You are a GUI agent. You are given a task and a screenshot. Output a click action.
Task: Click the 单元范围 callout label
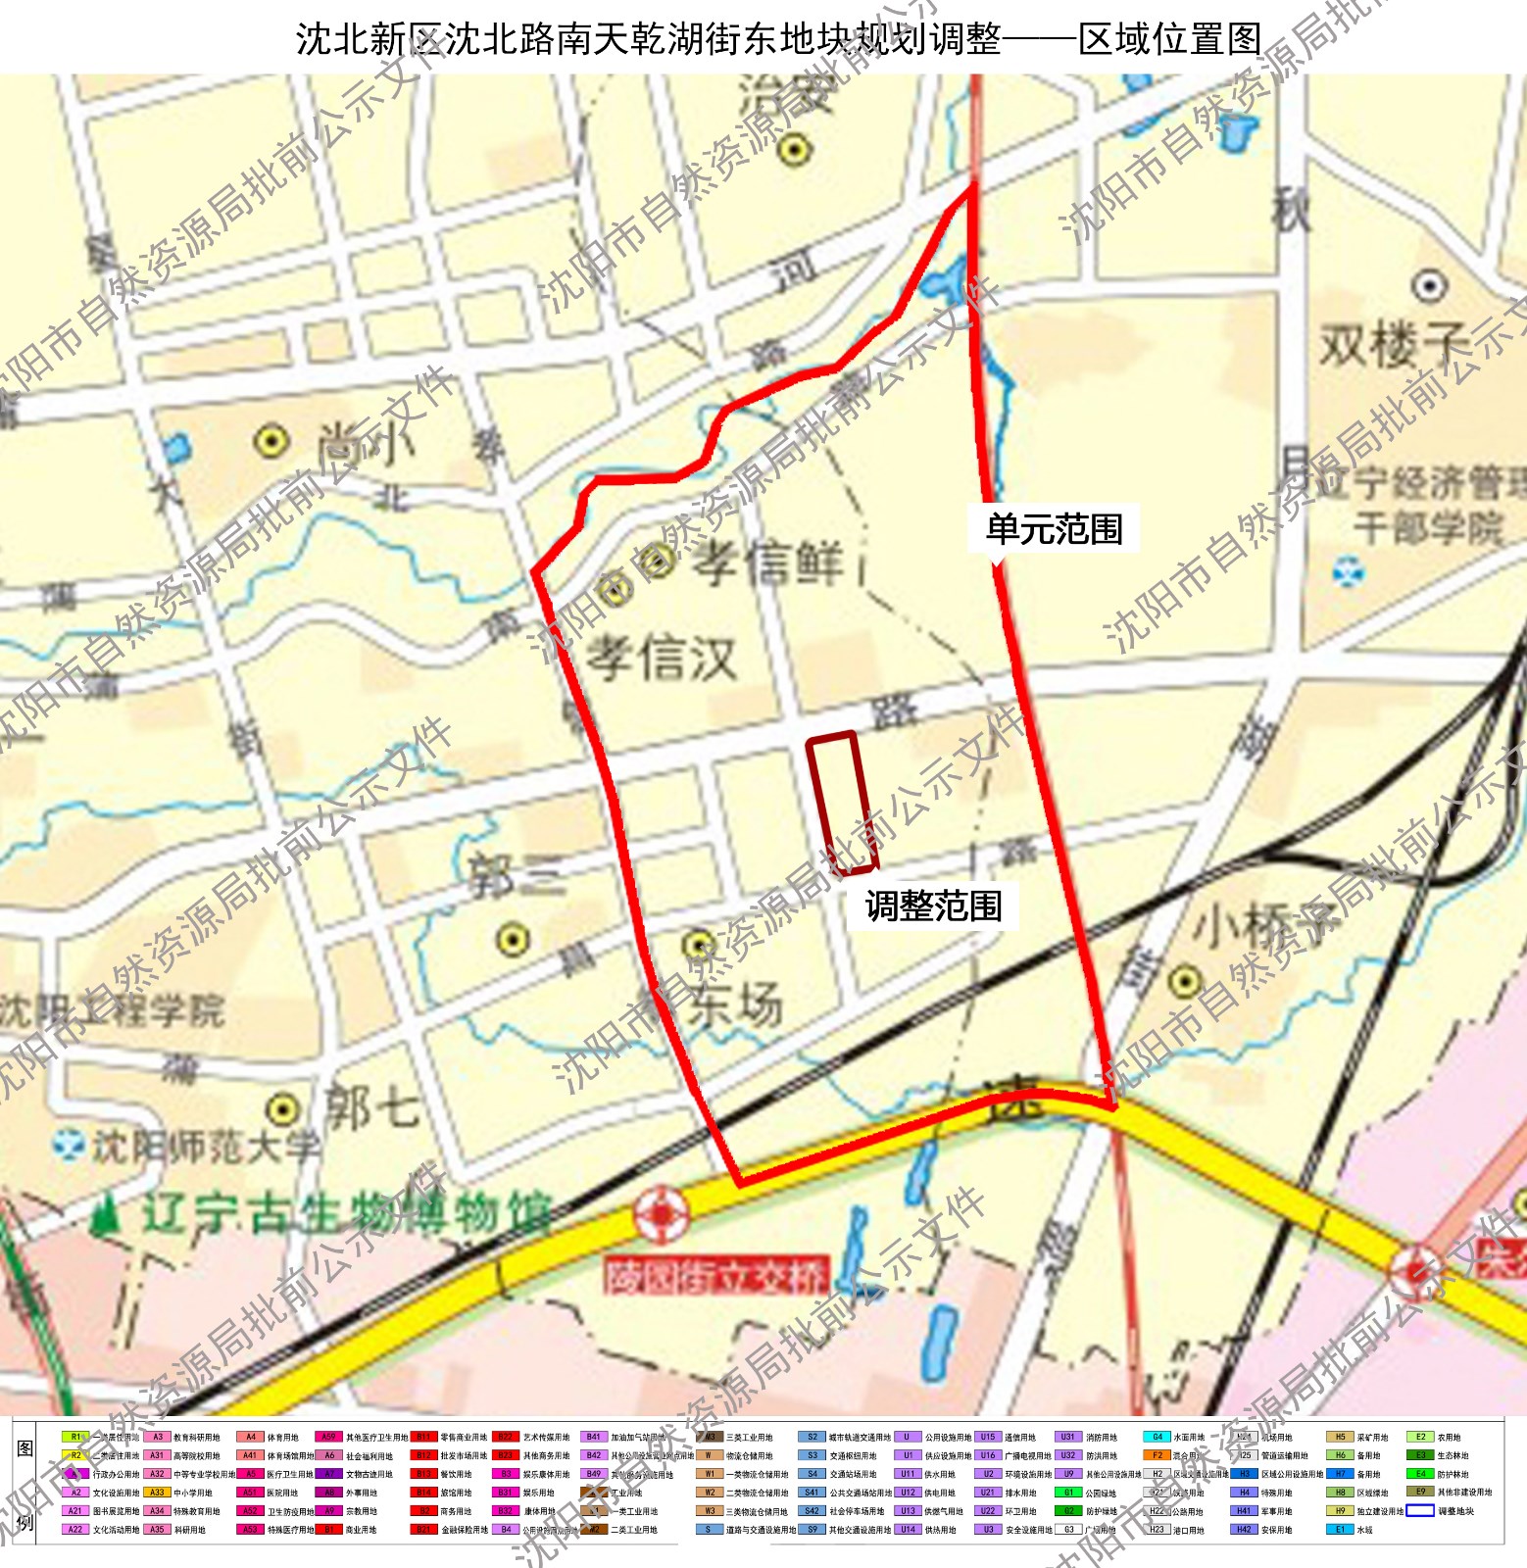tap(1054, 529)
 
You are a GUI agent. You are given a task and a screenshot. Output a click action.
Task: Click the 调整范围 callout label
tap(933, 906)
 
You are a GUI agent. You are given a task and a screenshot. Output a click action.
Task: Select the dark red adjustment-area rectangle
tap(841, 802)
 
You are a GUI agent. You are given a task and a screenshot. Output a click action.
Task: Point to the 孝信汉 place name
tap(663, 657)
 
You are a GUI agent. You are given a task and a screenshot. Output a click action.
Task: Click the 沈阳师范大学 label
tap(205, 1147)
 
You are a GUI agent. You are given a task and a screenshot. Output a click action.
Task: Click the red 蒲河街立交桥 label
tap(716, 1276)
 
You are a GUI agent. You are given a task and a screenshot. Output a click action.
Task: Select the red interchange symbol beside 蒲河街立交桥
tap(662, 1214)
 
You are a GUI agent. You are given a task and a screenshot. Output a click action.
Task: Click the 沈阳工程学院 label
tap(113, 1009)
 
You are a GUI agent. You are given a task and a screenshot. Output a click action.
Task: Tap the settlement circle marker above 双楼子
tap(1429, 286)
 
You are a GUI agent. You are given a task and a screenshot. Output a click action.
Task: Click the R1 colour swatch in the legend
tap(75, 1438)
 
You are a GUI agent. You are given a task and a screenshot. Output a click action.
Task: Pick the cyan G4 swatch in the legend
tap(1157, 1438)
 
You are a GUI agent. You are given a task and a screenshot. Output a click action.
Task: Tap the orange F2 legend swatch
tap(1157, 1455)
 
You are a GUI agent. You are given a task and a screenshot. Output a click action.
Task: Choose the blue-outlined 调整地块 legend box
tap(1420, 1510)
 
